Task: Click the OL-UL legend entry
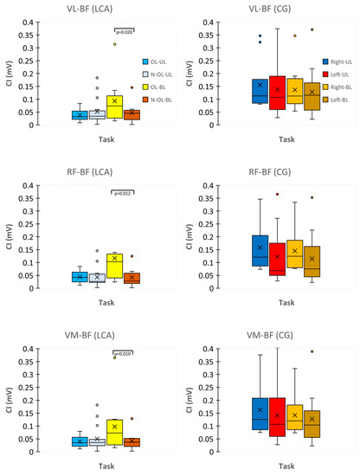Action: click(x=159, y=61)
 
